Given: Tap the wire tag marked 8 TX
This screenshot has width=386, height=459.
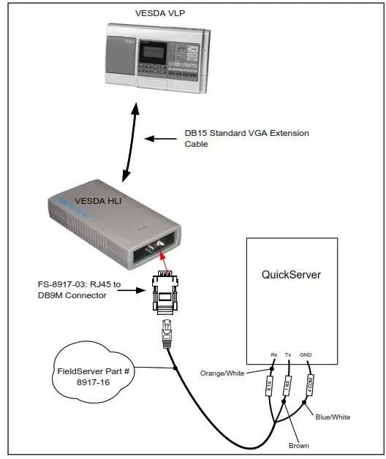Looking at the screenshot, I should pos(269,387).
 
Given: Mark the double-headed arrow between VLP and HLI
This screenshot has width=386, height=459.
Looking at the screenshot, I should pos(132,142).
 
